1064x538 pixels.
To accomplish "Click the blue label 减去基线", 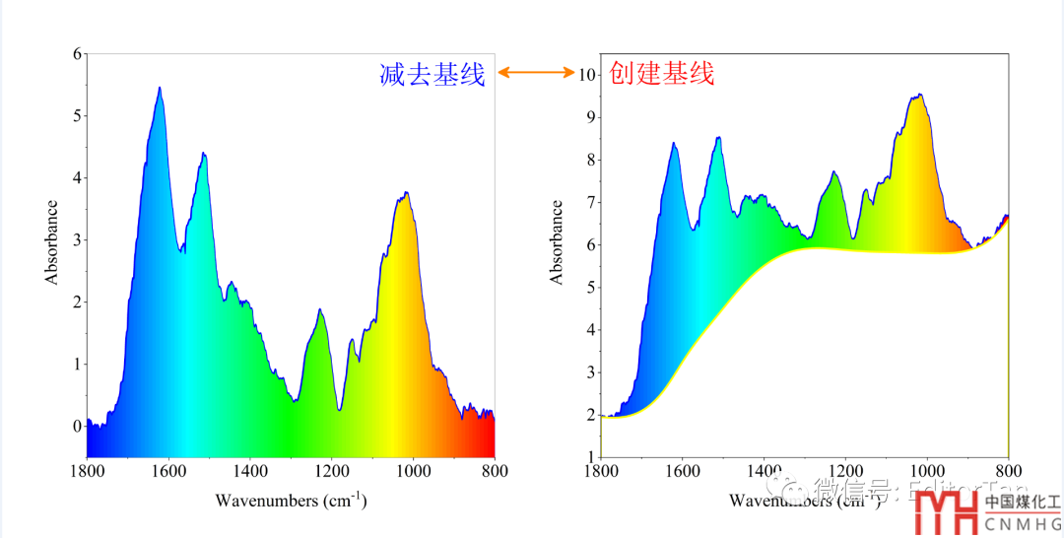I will pos(432,74).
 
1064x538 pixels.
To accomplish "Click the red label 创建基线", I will pos(662,73).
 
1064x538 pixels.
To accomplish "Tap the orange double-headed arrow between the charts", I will pos(537,72).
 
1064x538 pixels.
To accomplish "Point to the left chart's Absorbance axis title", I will pos(52,242).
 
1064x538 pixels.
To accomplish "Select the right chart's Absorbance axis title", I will pos(558,242).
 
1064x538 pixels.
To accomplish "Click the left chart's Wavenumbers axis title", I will pos(291,501).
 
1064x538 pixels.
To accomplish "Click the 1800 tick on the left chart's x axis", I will pos(87,471).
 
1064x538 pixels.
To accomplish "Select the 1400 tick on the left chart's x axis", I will pos(249,471).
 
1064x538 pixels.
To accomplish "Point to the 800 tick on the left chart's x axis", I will pos(495,471).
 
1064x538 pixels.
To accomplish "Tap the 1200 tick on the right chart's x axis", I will pos(844,471).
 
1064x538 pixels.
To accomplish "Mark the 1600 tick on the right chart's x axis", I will pos(682,471).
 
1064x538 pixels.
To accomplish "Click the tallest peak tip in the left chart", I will pos(159,88).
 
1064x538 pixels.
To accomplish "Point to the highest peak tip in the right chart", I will pos(919,95).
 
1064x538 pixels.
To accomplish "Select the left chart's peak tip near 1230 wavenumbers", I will pos(320,309).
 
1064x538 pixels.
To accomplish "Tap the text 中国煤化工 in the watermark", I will pos(1023,502).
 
